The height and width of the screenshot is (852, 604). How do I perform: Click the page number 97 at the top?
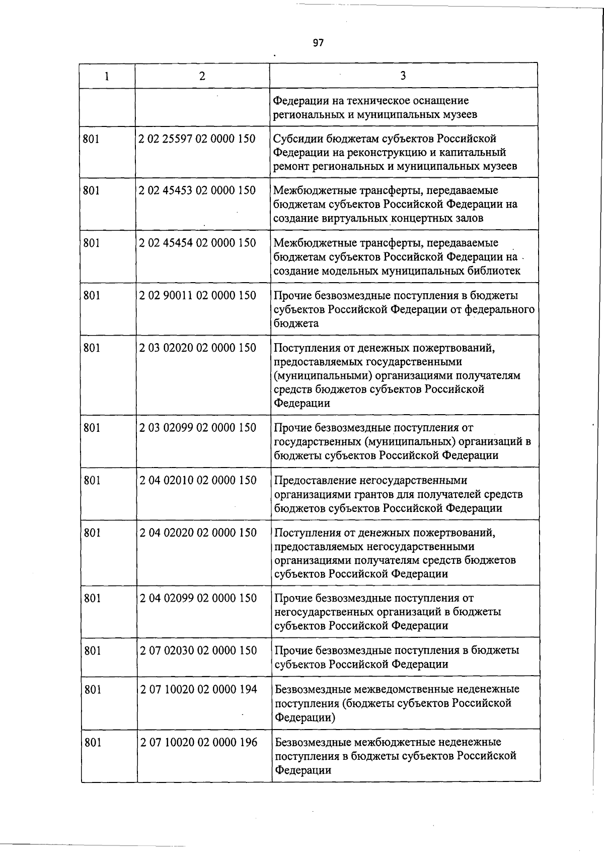(x=318, y=43)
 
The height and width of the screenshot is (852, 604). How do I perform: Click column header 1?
(x=106, y=76)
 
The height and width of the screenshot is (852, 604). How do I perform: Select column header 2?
(x=202, y=76)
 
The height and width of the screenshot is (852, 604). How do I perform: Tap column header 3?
(x=403, y=76)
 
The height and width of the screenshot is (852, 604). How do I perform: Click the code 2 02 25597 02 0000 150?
(x=197, y=139)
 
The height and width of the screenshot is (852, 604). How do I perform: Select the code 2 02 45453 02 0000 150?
(x=197, y=190)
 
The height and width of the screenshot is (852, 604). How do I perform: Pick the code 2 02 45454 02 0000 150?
(x=197, y=243)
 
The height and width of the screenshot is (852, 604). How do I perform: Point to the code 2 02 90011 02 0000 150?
(x=197, y=295)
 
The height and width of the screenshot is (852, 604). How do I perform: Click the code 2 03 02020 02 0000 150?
(x=197, y=348)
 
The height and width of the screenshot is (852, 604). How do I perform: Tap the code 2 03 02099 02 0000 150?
(x=197, y=428)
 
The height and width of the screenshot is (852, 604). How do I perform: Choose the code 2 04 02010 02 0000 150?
(x=198, y=480)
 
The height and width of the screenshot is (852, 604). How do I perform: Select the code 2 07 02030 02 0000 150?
(x=198, y=650)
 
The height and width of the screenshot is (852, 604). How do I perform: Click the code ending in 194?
(x=198, y=689)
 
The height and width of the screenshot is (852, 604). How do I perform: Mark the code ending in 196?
(x=198, y=742)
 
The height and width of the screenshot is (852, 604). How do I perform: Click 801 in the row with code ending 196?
(x=93, y=742)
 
